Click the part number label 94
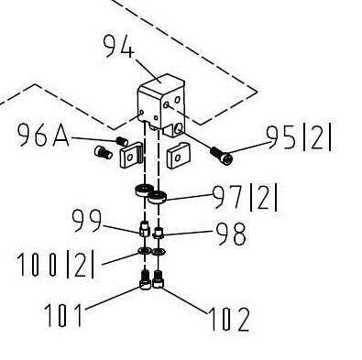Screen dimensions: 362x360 tap(118, 46)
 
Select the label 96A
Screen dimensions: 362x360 tap(43, 135)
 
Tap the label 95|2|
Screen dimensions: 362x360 tap(299, 138)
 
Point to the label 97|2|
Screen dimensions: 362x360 tap(245, 198)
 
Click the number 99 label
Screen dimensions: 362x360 tap(86, 221)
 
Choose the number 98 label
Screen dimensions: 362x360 tap(231, 234)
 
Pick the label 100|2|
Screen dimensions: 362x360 tap(55, 264)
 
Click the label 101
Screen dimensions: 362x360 tap(63, 315)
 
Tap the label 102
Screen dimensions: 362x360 tap(229, 319)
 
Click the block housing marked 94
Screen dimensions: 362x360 tap(161, 104)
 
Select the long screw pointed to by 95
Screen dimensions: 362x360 tap(221, 155)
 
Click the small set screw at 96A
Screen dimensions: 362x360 tap(122, 141)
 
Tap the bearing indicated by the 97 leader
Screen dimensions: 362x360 tap(157, 197)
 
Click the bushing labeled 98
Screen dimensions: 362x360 tap(159, 234)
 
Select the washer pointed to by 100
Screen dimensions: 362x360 tap(143, 251)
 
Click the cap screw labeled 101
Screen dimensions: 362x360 tap(145, 279)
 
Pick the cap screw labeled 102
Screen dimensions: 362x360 tap(158, 279)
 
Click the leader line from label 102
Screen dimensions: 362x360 tap(185, 300)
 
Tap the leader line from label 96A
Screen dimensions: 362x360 tap(93, 139)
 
